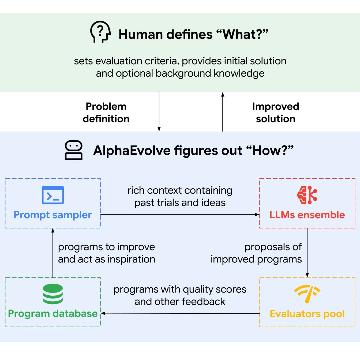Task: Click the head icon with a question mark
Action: (100, 32)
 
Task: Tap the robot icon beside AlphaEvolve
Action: (73, 150)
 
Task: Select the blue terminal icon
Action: (53, 195)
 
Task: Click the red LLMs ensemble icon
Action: (307, 195)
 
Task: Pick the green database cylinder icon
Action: (53, 294)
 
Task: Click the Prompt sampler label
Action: (53, 215)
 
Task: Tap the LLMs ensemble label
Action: (307, 215)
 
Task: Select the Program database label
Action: (53, 313)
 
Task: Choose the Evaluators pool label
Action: (307, 314)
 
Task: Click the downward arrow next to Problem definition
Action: (159, 112)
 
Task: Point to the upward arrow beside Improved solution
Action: (222, 112)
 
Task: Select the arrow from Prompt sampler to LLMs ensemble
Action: (180, 215)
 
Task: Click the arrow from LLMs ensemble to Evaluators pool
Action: (307, 253)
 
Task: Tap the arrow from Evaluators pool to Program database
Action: (180, 313)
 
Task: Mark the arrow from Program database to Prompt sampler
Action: (53, 253)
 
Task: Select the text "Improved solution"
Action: (276, 113)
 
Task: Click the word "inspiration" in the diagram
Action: (131, 259)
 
